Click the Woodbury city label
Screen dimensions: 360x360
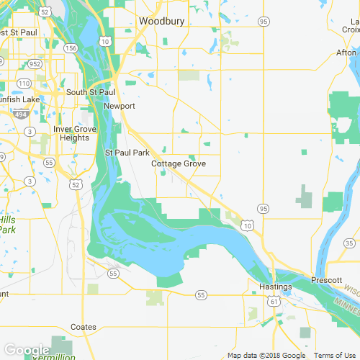click(161, 22)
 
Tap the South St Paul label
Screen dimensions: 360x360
click(91, 92)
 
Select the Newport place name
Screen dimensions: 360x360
click(119, 106)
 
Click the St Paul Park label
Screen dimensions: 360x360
click(127, 153)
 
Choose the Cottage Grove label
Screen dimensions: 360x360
click(179, 164)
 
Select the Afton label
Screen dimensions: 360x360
click(346, 53)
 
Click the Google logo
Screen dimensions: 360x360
click(27, 350)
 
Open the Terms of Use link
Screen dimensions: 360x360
click(337, 355)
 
